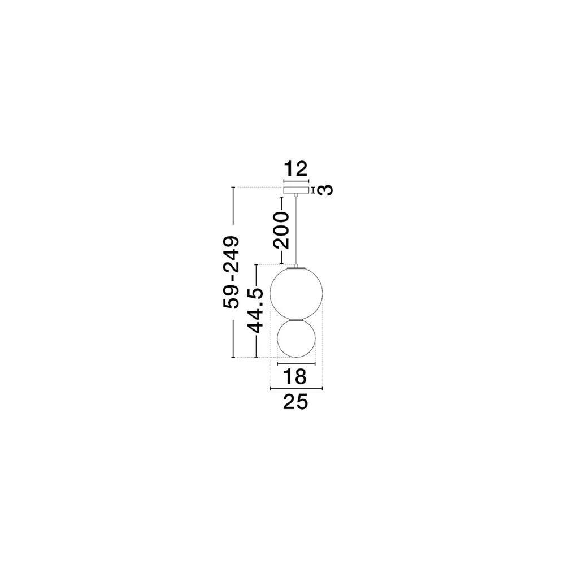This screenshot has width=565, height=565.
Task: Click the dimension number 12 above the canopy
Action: point(296,168)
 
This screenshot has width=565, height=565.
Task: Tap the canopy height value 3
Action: point(326,190)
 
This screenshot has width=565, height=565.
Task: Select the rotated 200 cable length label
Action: point(281,231)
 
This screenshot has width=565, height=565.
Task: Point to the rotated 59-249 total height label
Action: point(231,272)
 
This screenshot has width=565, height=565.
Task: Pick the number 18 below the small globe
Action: point(295,376)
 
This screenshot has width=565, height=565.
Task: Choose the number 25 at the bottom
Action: point(295,402)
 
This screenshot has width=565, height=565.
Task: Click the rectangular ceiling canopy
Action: point(296,190)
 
